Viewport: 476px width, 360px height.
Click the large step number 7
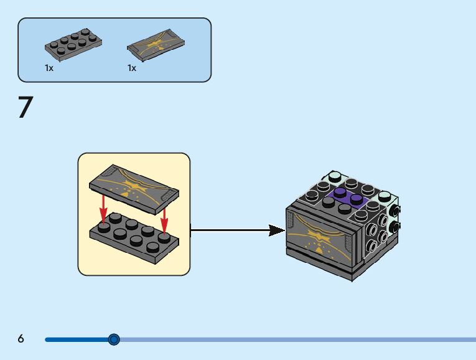click(25, 107)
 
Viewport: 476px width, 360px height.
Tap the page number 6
click(21, 339)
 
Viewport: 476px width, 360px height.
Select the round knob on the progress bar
click(114, 339)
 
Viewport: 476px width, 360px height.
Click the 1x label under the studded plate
click(49, 68)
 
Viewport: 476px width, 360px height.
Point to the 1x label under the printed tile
click(132, 68)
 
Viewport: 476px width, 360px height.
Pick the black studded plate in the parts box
click(73, 44)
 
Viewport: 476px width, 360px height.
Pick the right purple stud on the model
click(357, 199)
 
